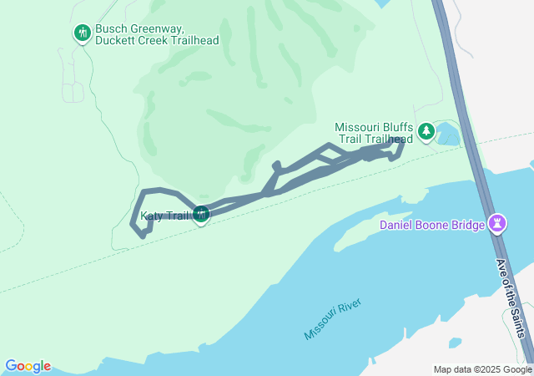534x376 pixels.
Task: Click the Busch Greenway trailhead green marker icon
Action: (x=82, y=33)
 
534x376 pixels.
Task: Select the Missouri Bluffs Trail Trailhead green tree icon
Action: (x=426, y=131)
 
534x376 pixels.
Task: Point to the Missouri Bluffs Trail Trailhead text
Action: (x=374, y=133)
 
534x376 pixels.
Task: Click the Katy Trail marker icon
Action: (x=200, y=215)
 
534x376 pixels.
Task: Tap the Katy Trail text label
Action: (x=165, y=216)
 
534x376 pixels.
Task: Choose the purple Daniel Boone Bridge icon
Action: (x=498, y=223)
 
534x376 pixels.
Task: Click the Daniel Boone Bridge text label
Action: (x=432, y=225)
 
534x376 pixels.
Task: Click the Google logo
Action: (x=28, y=366)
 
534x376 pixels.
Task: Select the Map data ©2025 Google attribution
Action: (x=482, y=369)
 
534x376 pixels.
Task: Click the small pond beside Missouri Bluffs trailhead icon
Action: (x=448, y=133)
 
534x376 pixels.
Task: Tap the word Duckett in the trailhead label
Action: (x=115, y=40)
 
